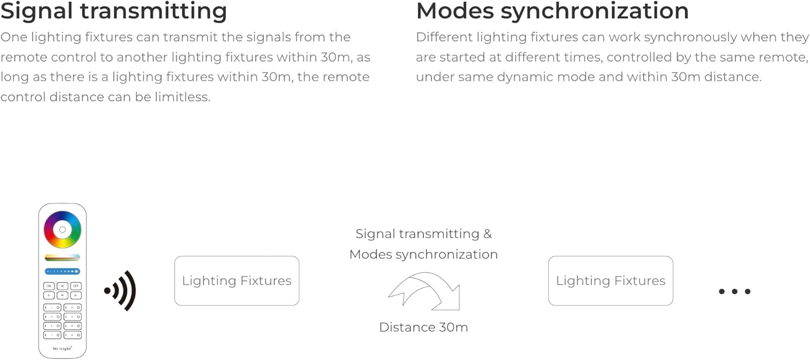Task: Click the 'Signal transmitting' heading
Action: (113, 11)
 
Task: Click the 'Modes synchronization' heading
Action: (552, 11)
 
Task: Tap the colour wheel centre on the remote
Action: (62, 229)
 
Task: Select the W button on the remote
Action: (62, 286)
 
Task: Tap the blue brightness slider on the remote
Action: (62, 271)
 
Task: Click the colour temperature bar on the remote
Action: (62, 257)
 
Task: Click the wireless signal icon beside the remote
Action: (120, 291)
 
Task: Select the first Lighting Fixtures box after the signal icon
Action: (237, 281)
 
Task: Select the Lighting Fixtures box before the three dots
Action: (610, 281)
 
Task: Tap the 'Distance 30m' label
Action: (423, 327)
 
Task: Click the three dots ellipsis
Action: (734, 291)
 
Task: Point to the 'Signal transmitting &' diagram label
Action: (423, 234)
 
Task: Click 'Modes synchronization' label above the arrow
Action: (423, 254)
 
